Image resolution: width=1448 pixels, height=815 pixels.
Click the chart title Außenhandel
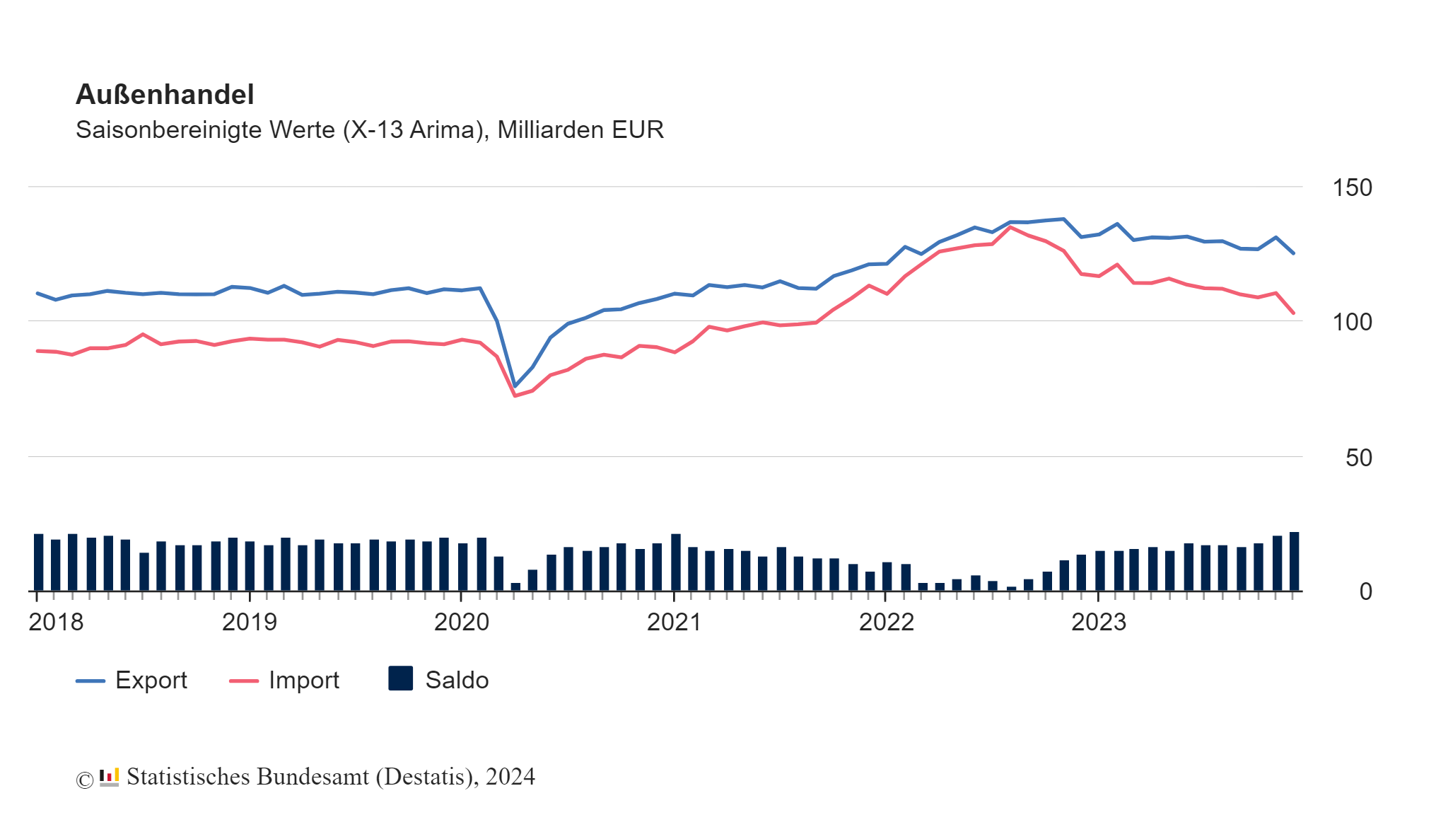(x=165, y=94)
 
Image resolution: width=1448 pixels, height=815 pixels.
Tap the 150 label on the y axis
(x=1351, y=188)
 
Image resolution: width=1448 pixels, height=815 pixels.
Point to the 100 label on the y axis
(x=1351, y=323)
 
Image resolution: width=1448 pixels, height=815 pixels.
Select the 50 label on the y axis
(x=1358, y=458)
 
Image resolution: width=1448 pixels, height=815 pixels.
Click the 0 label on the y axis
(x=1365, y=591)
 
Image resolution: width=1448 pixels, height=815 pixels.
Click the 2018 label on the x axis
(x=56, y=622)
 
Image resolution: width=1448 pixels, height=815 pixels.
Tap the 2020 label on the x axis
(x=461, y=622)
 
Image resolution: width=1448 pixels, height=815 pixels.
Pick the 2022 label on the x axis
(x=886, y=622)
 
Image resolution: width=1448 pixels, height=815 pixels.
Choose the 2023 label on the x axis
(x=1098, y=622)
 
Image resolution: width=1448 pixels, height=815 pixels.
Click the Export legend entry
(x=132, y=680)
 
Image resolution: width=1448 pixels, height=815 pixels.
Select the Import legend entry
(x=284, y=680)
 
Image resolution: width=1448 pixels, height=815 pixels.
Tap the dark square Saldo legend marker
(x=400, y=678)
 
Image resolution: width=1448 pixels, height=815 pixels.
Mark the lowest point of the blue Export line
(x=515, y=386)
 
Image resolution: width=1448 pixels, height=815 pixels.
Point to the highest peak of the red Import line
(x=1010, y=227)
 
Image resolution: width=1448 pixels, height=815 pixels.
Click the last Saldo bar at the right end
(x=1294, y=561)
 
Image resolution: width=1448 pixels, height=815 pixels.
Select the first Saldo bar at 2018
(x=38, y=562)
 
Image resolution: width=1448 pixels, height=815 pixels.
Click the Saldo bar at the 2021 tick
(x=675, y=562)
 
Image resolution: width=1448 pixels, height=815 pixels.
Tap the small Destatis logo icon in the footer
(x=109, y=777)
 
